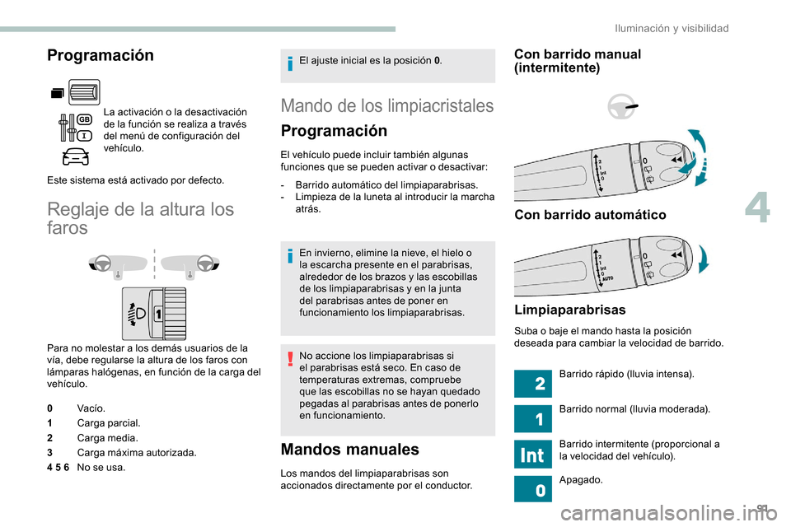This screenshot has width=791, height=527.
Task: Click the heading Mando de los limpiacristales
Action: [387, 105]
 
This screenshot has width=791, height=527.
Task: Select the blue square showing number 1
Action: [531, 419]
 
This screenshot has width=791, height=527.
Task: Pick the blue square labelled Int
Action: [531, 455]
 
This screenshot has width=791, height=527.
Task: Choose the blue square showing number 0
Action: [531, 489]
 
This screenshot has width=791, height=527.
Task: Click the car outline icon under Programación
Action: [74, 156]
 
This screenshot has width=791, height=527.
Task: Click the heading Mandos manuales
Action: [350, 450]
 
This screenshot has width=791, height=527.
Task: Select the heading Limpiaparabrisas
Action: [569, 310]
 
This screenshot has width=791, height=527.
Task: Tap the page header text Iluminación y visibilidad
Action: [672, 28]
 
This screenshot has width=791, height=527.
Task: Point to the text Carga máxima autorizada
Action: [136, 453]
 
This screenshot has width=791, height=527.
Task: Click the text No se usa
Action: [101, 468]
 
